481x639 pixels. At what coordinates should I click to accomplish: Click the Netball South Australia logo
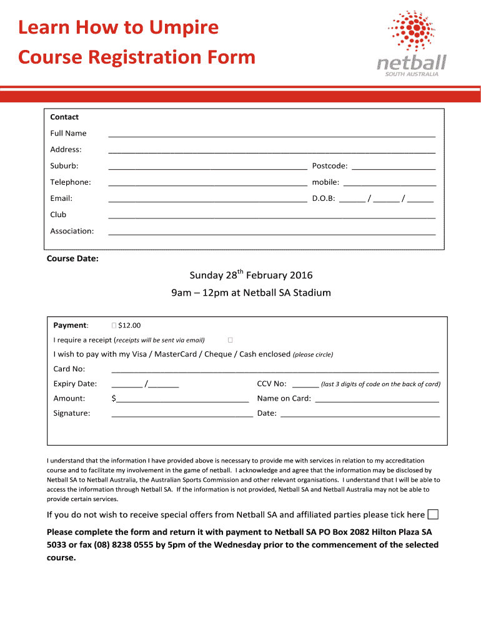point(412,44)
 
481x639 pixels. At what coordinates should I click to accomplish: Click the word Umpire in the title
point(184,27)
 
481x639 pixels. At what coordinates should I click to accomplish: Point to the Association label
point(72,231)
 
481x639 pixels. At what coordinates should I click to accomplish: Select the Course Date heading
point(72,258)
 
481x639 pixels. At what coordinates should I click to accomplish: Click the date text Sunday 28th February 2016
point(251,275)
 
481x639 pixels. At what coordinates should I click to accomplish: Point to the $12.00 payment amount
point(129,325)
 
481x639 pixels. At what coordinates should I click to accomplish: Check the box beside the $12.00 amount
point(113,325)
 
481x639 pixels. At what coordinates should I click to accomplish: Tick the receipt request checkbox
point(230,340)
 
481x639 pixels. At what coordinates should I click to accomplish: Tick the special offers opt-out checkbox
point(433,515)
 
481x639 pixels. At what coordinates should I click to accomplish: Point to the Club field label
point(58,215)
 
